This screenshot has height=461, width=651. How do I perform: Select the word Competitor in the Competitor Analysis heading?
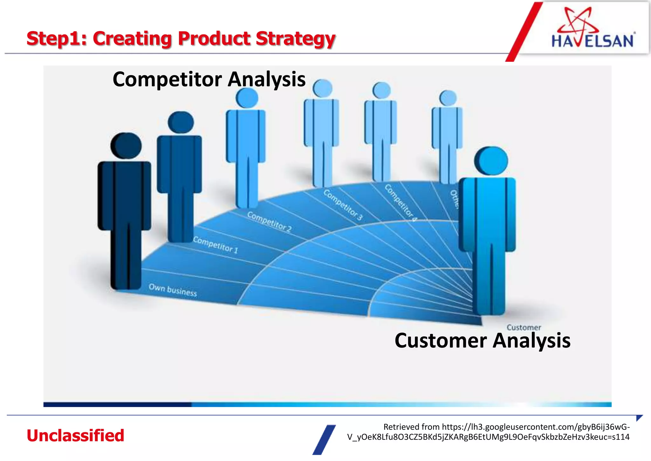[167, 79]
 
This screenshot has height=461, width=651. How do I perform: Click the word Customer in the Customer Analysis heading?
[441, 340]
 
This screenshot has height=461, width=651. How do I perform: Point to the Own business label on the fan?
[173, 290]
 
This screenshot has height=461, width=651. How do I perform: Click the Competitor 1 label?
[215, 245]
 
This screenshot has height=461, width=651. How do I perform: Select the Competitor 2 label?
[269, 222]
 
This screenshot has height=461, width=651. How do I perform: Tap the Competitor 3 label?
[343, 205]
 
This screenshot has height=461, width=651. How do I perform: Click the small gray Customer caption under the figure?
[524, 327]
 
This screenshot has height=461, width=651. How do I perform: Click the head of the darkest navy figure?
[126, 146]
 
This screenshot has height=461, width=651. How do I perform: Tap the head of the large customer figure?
[491, 161]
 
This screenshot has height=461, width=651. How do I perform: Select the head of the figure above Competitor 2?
[247, 98]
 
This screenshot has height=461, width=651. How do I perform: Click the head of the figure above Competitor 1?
[181, 122]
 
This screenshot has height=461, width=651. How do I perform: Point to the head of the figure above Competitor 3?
[322, 88]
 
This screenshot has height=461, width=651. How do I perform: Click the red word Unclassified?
[75, 436]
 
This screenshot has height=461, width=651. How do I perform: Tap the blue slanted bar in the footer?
[324, 440]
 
